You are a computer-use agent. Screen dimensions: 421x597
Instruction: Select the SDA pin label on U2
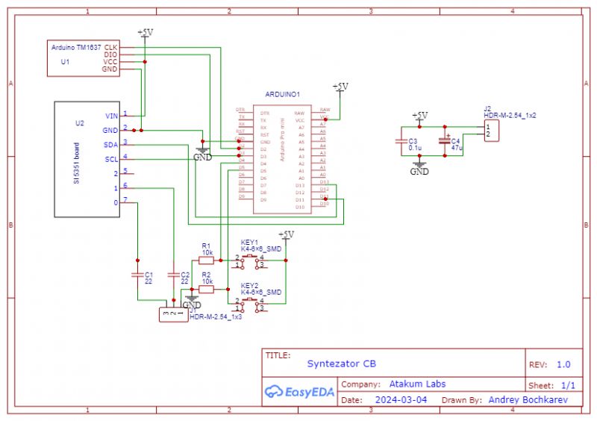pos(110,144)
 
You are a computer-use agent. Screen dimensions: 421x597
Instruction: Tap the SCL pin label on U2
pos(110,159)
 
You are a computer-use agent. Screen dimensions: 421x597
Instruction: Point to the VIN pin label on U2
pos(111,116)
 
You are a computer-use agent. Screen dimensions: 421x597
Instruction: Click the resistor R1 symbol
pos(206,261)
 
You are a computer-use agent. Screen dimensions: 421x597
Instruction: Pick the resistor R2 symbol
pos(206,289)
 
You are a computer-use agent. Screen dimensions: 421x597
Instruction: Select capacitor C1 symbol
pos(137,275)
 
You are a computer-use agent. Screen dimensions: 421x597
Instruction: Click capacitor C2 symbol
pos(174,275)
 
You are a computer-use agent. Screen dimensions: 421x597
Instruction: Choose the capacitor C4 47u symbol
pos(446,141)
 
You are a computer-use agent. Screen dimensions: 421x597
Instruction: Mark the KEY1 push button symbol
pos(250,261)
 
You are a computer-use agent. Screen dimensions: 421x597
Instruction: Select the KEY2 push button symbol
pos(250,304)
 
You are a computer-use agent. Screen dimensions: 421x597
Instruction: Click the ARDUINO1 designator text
pos(282,95)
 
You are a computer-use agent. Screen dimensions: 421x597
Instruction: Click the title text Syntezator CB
pos(342,364)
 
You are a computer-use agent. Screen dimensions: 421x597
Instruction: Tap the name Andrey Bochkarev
pos(528,400)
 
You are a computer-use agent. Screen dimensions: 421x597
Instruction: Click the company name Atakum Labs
pos(417,384)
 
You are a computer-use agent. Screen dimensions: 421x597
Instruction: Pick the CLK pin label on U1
pos(110,47)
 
